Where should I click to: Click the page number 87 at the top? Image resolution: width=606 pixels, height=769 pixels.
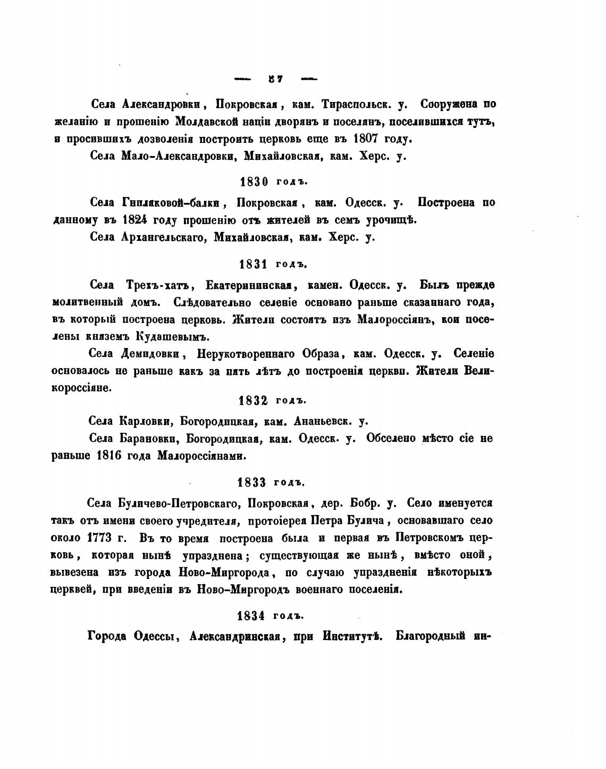(275, 79)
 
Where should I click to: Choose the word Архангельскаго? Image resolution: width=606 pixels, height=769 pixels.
(163, 238)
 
